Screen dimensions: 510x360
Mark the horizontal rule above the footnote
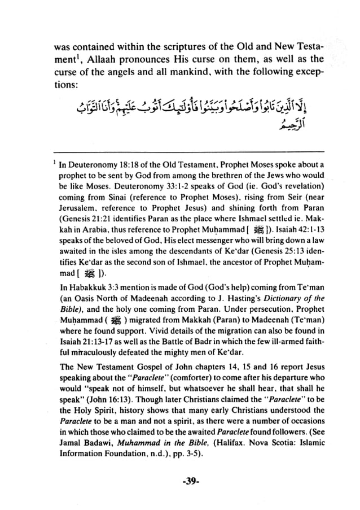[x=190, y=151]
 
